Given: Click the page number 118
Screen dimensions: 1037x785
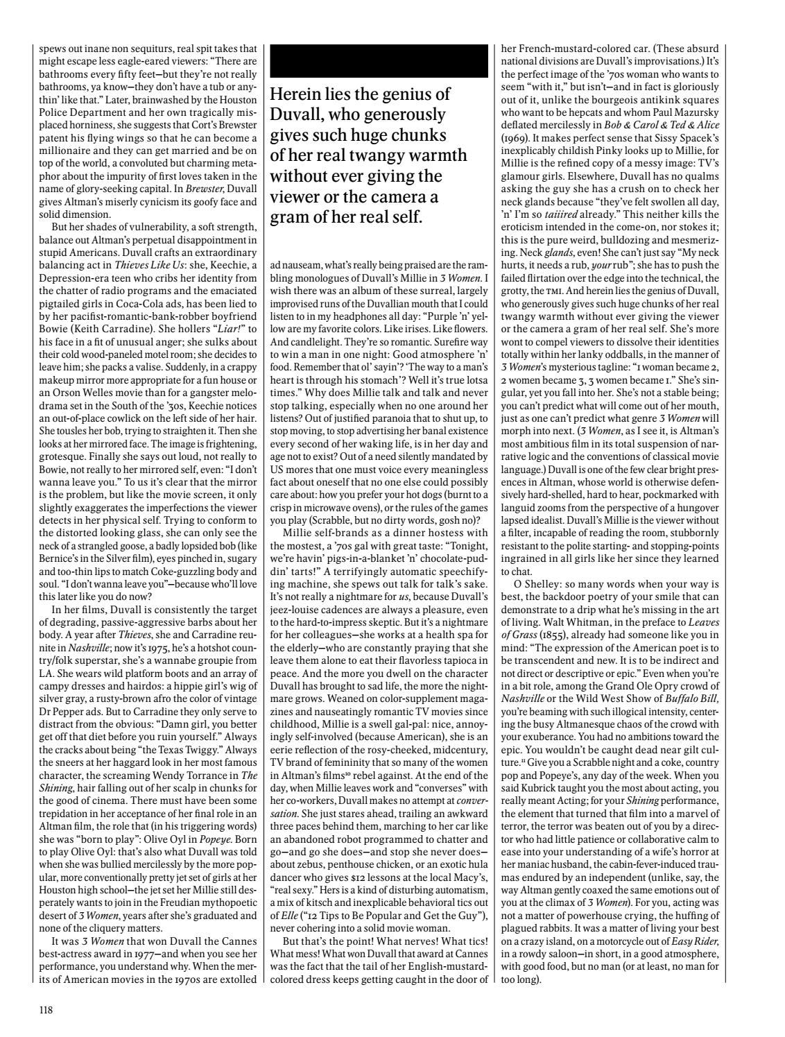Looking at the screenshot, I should point(46,1010).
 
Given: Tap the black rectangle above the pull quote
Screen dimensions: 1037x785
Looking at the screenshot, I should point(379,60).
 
